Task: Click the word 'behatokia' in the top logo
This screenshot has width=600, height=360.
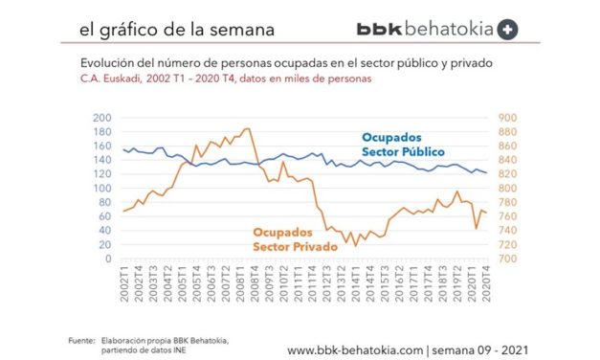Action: pos(446,29)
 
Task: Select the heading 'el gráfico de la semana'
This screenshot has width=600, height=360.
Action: pos(171,29)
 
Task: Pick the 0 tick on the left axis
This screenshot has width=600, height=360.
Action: pos(108,259)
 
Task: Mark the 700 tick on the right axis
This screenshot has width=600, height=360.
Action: pos(507,259)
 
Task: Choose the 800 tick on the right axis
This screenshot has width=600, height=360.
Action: pos(507,189)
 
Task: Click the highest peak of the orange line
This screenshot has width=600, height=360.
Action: pos(248,128)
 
